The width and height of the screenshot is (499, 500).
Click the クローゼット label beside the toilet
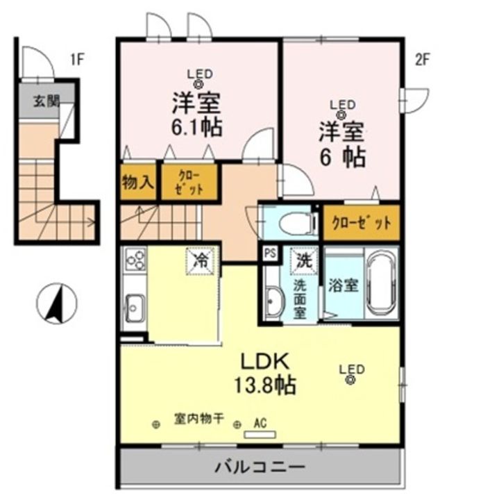(x=361, y=223)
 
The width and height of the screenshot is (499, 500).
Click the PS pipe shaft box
(x=270, y=254)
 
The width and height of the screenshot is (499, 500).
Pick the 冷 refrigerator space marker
(x=201, y=262)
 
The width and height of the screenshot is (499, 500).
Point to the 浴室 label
(x=343, y=285)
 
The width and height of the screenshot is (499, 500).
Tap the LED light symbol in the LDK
(x=351, y=379)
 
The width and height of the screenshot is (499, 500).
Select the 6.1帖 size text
(x=198, y=128)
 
